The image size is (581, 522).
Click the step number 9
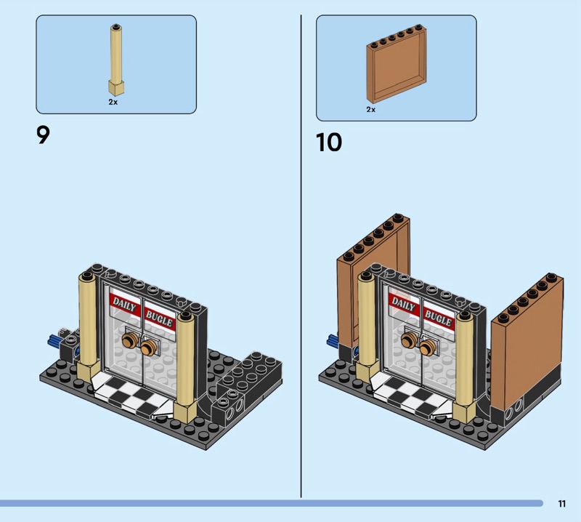(43, 135)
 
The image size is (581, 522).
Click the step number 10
(329, 142)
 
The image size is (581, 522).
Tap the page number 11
(562, 503)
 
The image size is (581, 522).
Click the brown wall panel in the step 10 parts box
(396, 63)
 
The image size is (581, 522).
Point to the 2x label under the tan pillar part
(113, 102)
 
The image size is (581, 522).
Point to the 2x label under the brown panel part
(371, 110)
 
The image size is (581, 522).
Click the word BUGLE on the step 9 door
(159, 318)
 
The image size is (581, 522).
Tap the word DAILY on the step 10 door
(404, 304)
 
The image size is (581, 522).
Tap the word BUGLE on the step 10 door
(438, 318)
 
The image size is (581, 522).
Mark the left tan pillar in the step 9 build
(87, 326)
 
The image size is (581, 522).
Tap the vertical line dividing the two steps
(301, 256)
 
